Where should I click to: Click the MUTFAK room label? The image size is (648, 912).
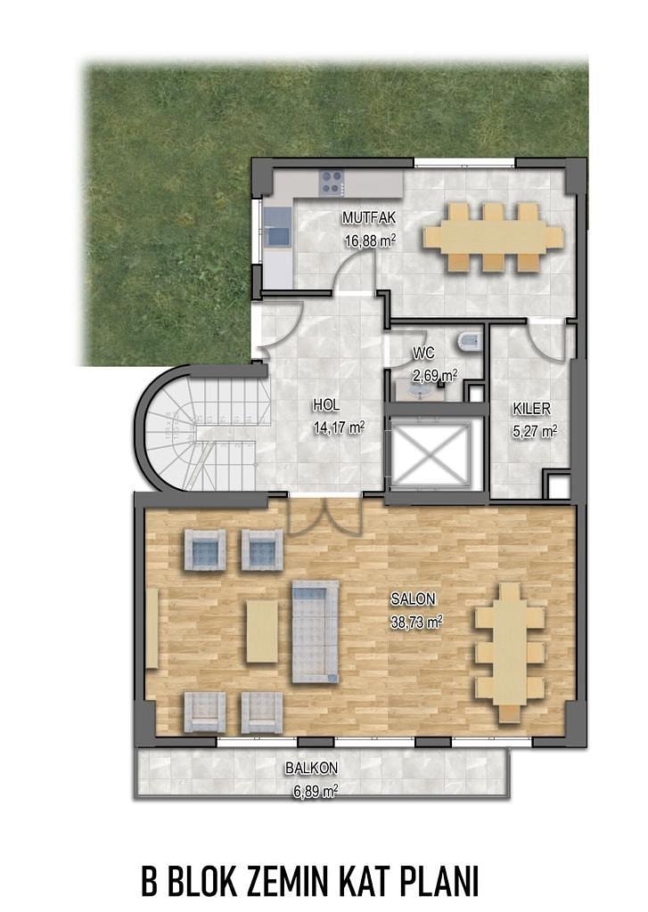pos(369,218)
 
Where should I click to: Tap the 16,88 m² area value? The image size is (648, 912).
pos(370,240)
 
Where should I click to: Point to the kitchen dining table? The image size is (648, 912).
pos(494,237)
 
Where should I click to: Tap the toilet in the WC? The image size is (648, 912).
pos(469,342)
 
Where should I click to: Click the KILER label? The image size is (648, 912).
pos(531,409)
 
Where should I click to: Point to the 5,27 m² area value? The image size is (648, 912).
pos(535,431)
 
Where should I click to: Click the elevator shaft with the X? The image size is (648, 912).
pos(430,454)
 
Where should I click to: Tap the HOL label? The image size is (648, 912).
pos(326,405)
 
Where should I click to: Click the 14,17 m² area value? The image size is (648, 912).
pos(339,428)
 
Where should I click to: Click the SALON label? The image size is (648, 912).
pos(413,598)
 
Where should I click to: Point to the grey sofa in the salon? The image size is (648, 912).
pos(315,631)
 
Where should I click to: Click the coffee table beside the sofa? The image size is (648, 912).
pos(262,631)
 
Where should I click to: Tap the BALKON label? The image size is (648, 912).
pos(311,769)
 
